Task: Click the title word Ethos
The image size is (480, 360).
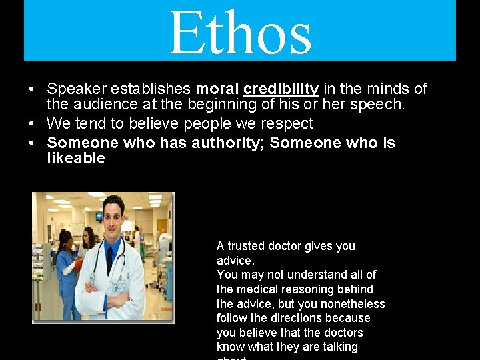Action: (x=239, y=32)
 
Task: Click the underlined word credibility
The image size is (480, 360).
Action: (x=281, y=89)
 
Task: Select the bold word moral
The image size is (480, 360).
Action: (x=217, y=89)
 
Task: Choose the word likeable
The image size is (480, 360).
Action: (x=76, y=159)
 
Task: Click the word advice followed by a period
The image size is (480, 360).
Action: (x=235, y=261)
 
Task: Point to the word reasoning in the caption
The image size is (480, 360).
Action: (x=310, y=289)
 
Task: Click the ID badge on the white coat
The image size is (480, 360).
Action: (x=120, y=286)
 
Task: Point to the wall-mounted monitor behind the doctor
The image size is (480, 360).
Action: (x=99, y=217)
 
